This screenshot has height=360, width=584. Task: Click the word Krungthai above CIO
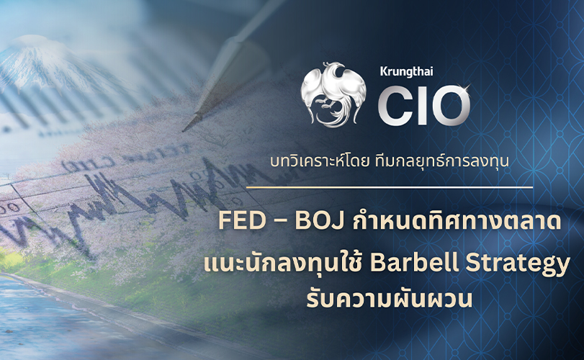(x=406, y=71)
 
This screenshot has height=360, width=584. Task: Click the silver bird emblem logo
(x=333, y=94)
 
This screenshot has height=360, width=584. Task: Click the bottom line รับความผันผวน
(x=389, y=299)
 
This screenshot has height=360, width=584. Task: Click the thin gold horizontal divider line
(x=390, y=188)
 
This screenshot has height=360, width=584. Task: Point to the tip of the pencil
(x=184, y=130)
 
